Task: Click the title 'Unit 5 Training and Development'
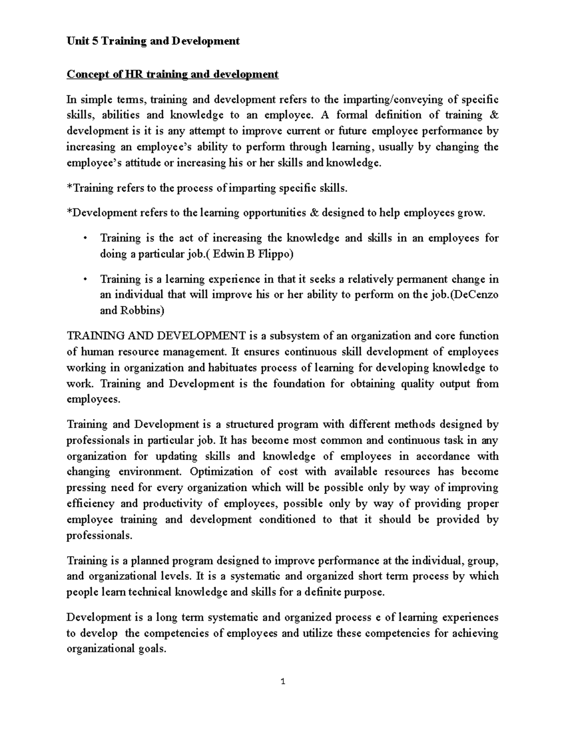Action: (x=153, y=41)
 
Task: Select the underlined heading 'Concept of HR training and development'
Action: (x=173, y=74)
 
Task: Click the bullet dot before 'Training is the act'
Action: (x=85, y=239)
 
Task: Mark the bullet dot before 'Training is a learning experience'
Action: (x=85, y=280)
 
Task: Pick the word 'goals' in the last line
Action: (x=151, y=649)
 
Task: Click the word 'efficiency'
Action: (x=91, y=503)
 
